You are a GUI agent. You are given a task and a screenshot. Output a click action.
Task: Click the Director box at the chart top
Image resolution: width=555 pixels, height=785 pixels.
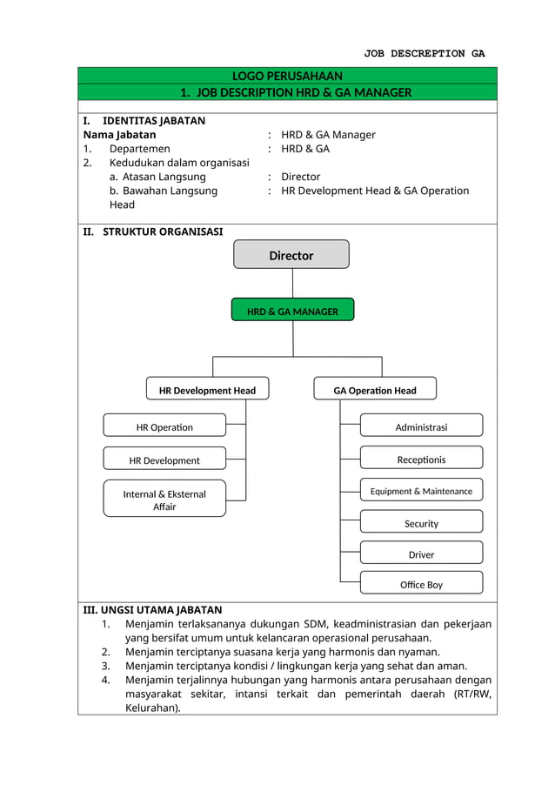(291, 255)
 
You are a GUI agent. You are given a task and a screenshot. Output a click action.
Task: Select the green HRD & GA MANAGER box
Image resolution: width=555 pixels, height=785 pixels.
(292, 311)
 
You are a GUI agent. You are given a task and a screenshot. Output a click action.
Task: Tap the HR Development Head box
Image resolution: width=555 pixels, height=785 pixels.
(207, 390)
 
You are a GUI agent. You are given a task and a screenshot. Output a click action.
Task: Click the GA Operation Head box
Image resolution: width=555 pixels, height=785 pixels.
(375, 390)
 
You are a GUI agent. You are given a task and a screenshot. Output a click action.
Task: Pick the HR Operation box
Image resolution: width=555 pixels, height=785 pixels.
(164, 426)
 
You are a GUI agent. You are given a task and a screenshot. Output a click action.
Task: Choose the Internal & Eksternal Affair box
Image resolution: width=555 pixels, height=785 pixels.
(164, 500)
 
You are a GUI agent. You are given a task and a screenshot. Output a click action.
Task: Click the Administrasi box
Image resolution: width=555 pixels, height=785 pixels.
(421, 426)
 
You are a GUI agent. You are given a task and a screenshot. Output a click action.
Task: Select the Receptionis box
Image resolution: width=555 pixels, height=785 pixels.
(421, 459)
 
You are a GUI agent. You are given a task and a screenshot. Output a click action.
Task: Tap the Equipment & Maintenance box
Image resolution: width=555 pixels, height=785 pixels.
(421, 491)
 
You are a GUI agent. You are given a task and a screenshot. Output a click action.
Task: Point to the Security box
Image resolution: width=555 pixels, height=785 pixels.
(421, 523)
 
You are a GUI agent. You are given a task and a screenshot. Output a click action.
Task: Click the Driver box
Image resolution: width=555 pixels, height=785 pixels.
(421, 554)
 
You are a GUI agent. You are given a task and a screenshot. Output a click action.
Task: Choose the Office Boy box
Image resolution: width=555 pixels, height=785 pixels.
(421, 584)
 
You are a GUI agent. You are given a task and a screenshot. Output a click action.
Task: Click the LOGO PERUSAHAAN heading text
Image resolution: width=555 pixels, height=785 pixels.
(287, 76)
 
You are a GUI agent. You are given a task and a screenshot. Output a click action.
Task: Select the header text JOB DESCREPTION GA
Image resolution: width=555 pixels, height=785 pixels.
(424, 53)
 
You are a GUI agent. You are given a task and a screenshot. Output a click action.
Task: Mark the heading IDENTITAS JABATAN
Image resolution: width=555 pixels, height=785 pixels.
(153, 120)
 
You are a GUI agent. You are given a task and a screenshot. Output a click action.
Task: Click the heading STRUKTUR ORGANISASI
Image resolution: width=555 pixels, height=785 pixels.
(162, 231)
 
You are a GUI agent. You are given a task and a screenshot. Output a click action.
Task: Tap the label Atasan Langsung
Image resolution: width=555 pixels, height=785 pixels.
(164, 177)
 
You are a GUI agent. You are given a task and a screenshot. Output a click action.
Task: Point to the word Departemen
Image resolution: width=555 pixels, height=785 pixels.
(139, 149)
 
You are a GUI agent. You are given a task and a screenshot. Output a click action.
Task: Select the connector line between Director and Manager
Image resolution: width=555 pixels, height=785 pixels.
(292, 283)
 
